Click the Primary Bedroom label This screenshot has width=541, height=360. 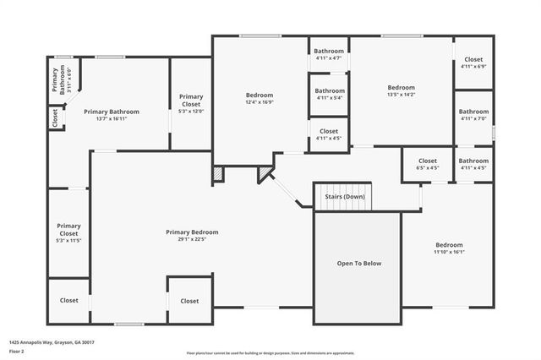[x=192, y=232]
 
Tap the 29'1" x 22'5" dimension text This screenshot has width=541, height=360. [x=192, y=239]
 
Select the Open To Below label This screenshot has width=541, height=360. [x=360, y=264]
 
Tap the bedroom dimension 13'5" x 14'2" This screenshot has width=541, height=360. [x=402, y=95]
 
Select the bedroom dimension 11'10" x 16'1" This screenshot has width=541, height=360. [x=449, y=252]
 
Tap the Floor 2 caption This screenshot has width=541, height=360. [x=17, y=350]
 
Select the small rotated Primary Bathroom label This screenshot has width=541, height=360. [x=57, y=79]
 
